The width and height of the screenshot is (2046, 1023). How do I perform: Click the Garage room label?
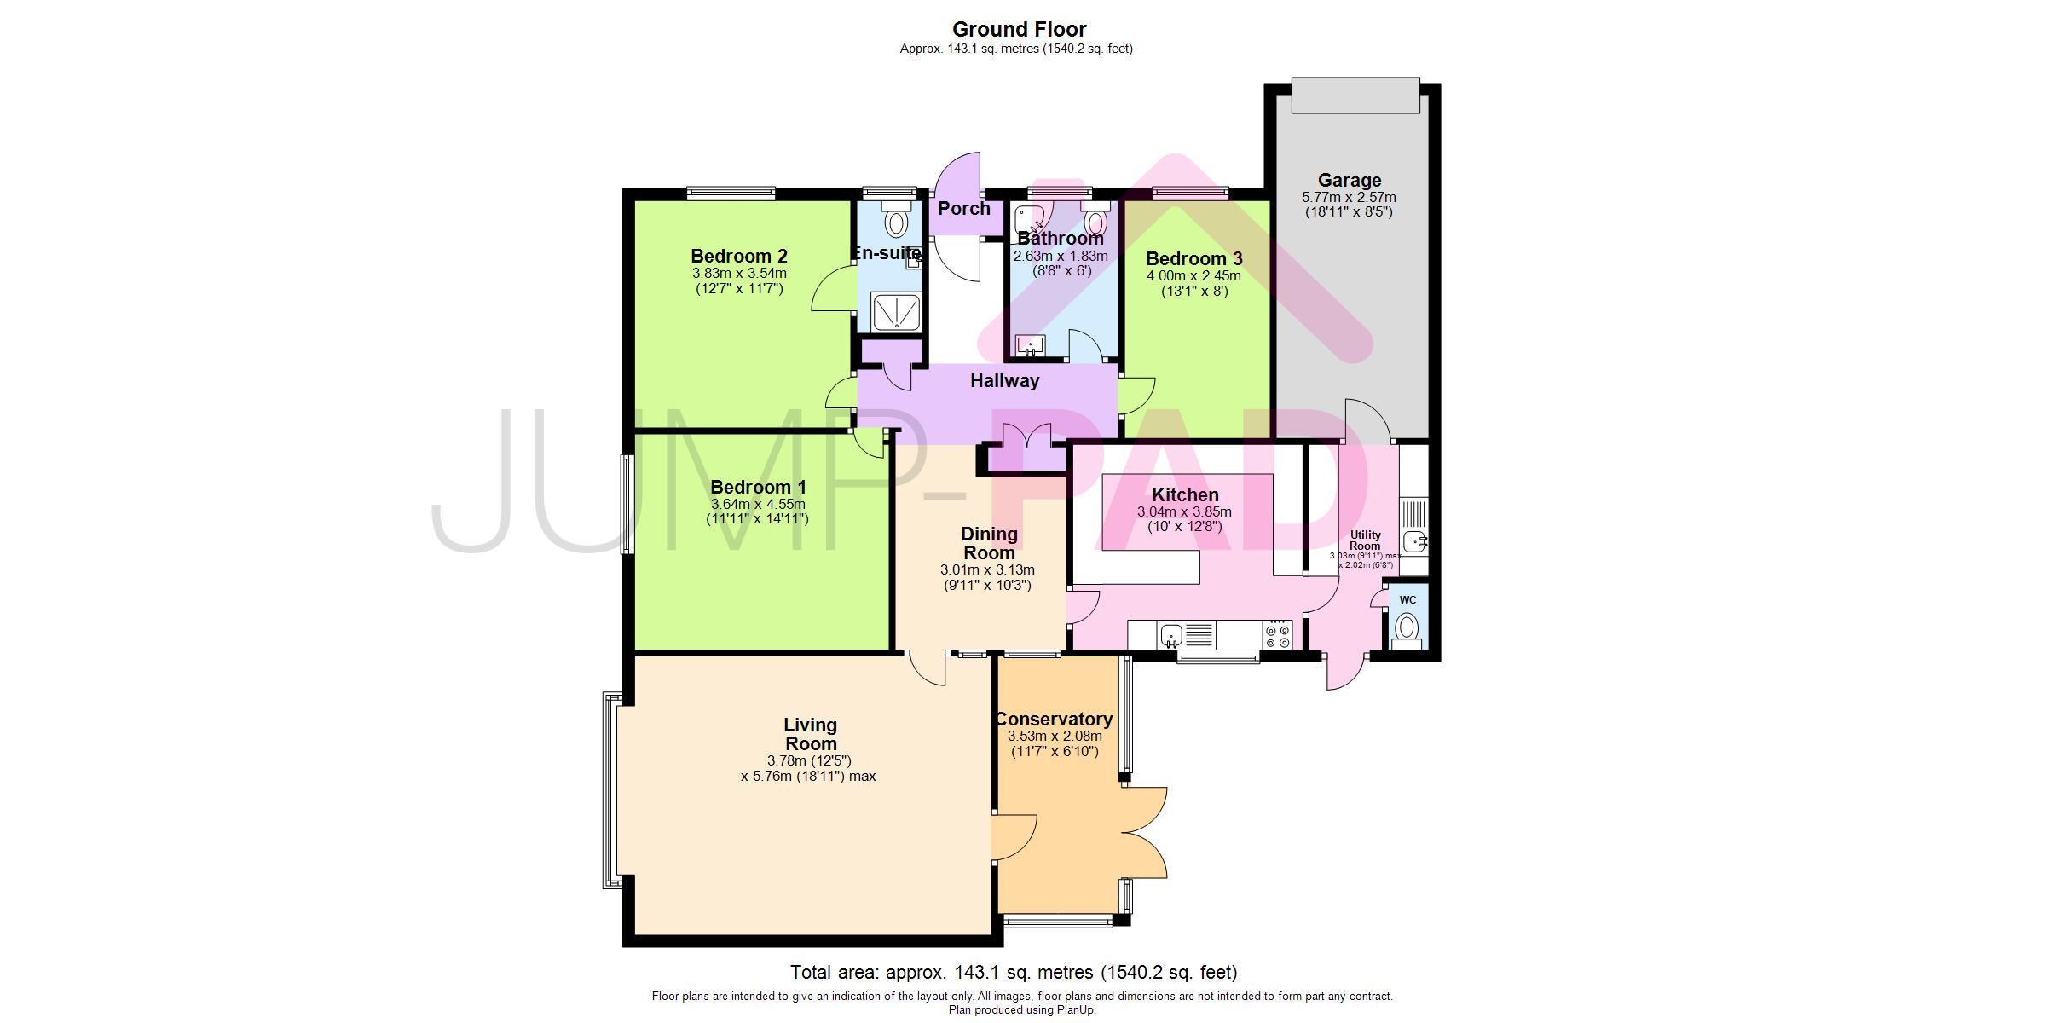click(x=1350, y=181)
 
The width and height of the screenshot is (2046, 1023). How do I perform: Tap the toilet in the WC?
click(x=1407, y=629)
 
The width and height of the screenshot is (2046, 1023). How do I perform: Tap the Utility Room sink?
click(x=1415, y=540)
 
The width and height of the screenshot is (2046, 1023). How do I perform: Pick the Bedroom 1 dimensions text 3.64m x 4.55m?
click(x=758, y=504)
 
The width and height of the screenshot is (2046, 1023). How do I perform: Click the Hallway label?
click(x=1004, y=381)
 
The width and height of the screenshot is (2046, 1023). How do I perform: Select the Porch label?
click(x=964, y=209)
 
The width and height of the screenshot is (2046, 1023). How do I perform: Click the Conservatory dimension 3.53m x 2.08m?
click(x=1055, y=737)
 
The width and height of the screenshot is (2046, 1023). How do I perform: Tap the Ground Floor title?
click(x=1019, y=30)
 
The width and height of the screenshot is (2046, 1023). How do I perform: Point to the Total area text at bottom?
click(x=1014, y=972)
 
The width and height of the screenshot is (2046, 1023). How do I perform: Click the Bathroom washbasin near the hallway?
click(x=1031, y=346)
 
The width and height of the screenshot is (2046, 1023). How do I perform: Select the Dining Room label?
click(x=989, y=543)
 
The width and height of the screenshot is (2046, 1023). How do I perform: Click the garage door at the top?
click(x=1355, y=95)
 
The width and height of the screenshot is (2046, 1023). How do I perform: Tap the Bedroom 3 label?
click(x=1193, y=258)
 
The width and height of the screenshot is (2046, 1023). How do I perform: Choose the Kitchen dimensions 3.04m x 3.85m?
click(x=1184, y=512)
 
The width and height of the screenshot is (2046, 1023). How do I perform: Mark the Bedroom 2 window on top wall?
click(x=731, y=194)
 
